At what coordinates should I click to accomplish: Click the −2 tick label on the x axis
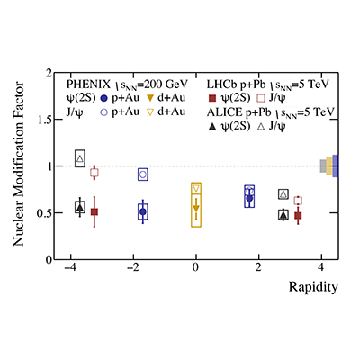tap(131, 268)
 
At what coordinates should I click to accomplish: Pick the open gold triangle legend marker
tap(176, 112)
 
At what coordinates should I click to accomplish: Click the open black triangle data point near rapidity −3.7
tap(80, 159)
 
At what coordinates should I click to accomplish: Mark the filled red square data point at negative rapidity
tap(94, 211)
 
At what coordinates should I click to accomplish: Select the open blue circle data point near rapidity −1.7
tap(142, 175)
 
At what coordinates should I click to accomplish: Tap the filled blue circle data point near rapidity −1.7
tap(142, 211)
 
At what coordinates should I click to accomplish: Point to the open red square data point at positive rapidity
tap(298, 201)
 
